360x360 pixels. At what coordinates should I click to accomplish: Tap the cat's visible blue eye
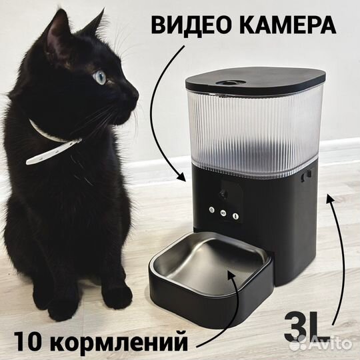click(100, 77)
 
